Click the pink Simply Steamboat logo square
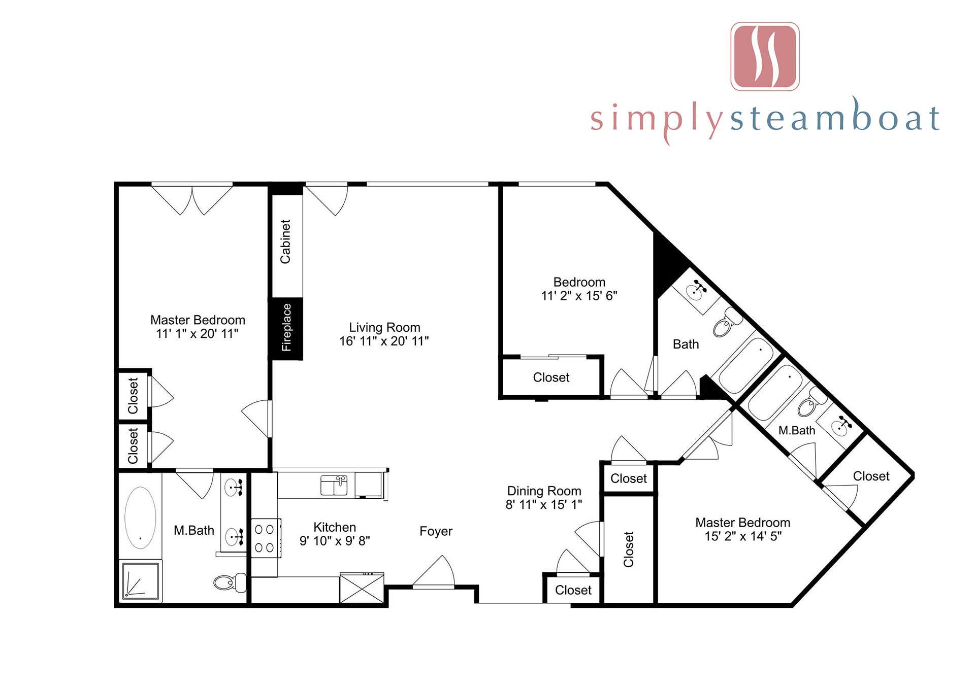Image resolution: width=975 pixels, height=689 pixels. pyautogui.click(x=765, y=56)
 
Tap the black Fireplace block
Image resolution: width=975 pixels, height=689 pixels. pyautogui.click(x=287, y=328)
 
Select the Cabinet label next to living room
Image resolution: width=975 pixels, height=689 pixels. pyautogui.click(x=285, y=242)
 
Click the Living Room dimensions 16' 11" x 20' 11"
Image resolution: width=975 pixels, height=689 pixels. pyautogui.click(x=384, y=341)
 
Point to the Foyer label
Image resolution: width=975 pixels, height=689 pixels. pyautogui.click(x=436, y=531)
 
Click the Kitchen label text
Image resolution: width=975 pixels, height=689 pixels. pyautogui.click(x=335, y=527)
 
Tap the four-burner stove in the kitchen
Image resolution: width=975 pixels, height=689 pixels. pyautogui.click(x=265, y=538)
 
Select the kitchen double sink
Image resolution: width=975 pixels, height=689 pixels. pyautogui.click(x=334, y=485)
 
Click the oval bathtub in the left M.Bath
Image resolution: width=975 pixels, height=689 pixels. pyautogui.click(x=140, y=518)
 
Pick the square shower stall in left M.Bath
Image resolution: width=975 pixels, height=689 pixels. pyautogui.click(x=141, y=580)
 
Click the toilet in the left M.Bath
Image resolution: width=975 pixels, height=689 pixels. pyautogui.click(x=230, y=582)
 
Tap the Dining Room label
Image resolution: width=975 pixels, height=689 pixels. pyautogui.click(x=544, y=491)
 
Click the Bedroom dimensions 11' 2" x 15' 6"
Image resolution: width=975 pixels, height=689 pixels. pyautogui.click(x=579, y=296)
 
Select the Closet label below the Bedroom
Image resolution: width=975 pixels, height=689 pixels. pyautogui.click(x=551, y=377)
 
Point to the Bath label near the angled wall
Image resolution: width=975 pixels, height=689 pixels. pyautogui.click(x=686, y=344)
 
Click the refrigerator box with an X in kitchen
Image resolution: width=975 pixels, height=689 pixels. pyautogui.click(x=362, y=588)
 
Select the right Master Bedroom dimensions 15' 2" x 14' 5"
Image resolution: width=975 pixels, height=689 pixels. pyautogui.click(x=742, y=536)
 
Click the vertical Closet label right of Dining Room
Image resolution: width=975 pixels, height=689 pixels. pyautogui.click(x=629, y=549)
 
